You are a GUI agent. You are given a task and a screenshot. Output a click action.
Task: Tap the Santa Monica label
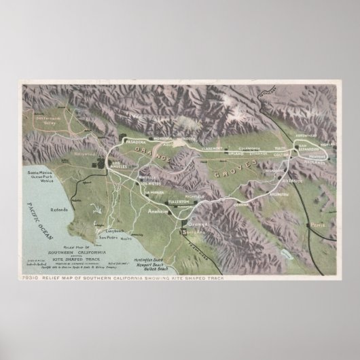41,174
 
